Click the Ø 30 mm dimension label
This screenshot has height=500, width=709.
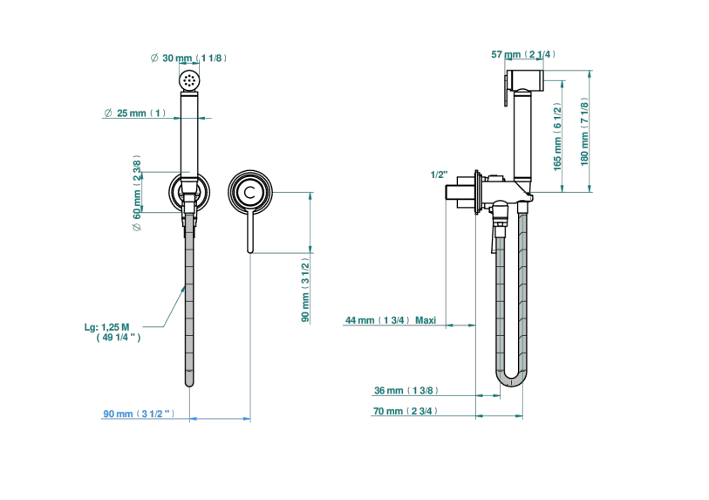188,58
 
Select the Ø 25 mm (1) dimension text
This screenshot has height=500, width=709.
135,113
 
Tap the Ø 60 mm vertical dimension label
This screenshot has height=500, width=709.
137,193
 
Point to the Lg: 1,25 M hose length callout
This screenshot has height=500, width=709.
112,332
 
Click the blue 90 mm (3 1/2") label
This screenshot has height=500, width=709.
139,414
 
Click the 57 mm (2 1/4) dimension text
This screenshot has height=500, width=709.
523,54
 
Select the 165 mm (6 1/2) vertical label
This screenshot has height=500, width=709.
557,137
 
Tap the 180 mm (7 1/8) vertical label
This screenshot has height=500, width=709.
584,132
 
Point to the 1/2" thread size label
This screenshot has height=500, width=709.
439,175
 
